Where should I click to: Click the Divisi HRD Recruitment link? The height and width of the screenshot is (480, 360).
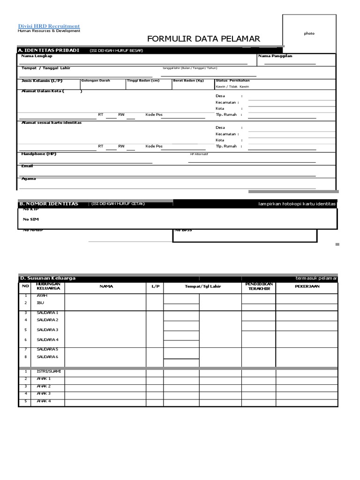[x=49, y=26]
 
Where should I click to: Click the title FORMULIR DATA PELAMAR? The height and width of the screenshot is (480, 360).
[x=203, y=39]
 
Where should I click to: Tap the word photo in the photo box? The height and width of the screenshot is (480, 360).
[x=309, y=34]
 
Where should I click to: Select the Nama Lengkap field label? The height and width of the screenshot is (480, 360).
[x=37, y=56]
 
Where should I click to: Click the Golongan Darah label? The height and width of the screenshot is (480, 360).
[x=96, y=81]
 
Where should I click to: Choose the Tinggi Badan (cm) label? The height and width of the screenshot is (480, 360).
[x=143, y=81]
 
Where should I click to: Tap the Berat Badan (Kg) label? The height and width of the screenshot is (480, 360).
[x=189, y=81]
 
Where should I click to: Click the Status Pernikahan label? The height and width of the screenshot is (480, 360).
[x=232, y=81]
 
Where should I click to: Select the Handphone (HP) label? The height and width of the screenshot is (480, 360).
[x=39, y=154]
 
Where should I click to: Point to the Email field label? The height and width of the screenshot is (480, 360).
[x=27, y=166]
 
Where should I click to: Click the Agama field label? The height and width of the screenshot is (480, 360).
[x=29, y=179]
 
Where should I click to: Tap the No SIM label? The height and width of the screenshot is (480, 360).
[x=31, y=219]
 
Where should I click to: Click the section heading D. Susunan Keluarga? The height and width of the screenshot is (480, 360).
[x=47, y=278]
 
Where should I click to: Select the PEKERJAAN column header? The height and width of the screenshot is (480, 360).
[x=307, y=286]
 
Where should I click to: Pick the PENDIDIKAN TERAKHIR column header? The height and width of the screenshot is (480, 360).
[x=259, y=286]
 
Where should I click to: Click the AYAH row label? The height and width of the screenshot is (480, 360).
[x=42, y=296]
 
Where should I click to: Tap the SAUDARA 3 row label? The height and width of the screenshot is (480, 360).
[x=47, y=330]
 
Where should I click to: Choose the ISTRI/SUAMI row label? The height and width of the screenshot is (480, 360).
[x=49, y=371]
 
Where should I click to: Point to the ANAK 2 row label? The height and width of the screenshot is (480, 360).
[x=44, y=386]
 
